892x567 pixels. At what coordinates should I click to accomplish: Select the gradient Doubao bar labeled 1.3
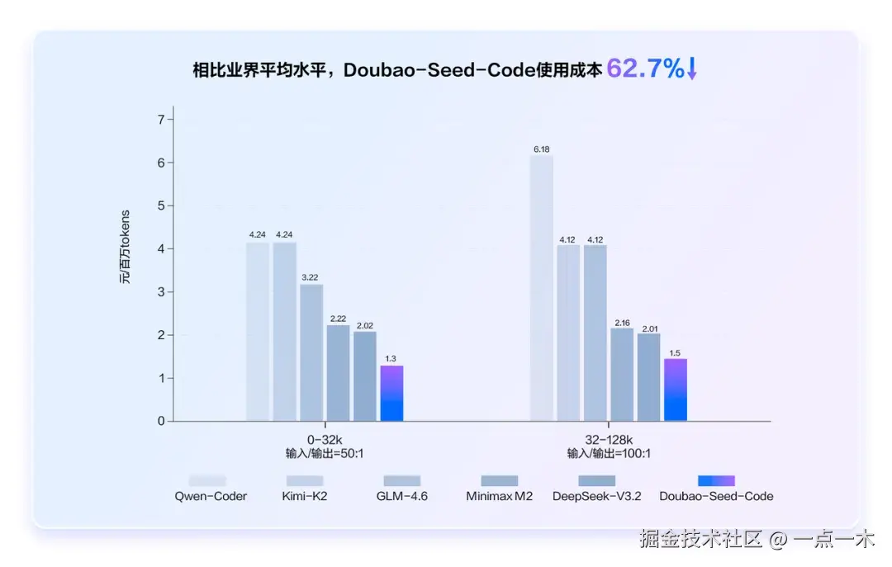[391, 394]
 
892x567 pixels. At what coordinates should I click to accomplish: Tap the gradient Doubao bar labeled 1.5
[675, 390]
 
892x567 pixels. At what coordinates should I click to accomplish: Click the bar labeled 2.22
[338, 373]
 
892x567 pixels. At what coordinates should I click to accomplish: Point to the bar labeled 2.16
[622, 375]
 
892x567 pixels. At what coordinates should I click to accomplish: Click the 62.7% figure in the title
[645, 69]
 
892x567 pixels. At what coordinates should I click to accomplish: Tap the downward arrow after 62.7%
[692, 69]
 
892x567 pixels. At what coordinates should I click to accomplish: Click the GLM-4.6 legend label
[401, 496]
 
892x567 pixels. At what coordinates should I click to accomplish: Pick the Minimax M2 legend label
[499, 496]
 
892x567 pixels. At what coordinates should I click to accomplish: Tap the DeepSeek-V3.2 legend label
[596, 496]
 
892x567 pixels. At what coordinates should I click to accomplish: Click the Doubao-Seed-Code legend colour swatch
[716, 480]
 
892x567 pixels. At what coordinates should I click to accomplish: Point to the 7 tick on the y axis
[160, 120]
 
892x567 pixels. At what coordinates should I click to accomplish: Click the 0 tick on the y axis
[160, 422]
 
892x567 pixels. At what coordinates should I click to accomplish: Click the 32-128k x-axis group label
[608, 439]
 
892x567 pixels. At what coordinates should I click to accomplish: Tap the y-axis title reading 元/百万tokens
[125, 248]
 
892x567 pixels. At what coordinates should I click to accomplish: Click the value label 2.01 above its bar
[648, 326]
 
